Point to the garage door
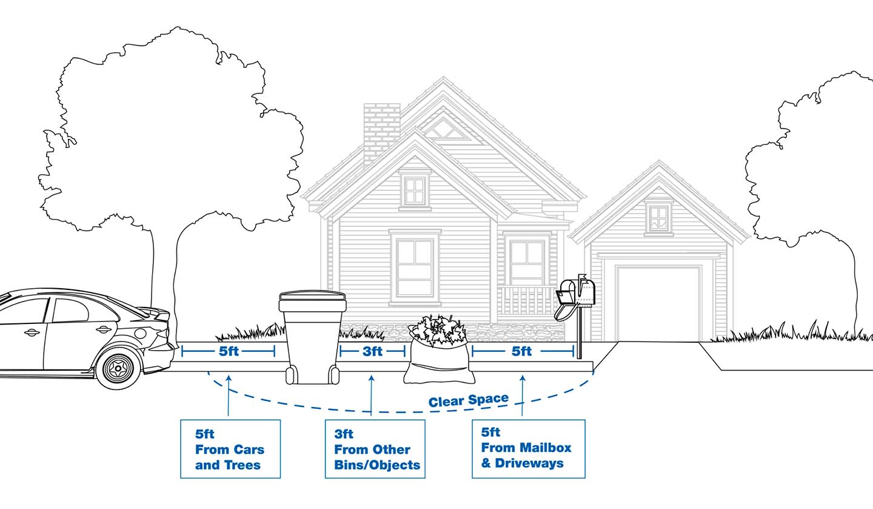pyautogui.click(x=658, y=303)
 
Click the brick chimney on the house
pyautogui.click(x=381, y=130)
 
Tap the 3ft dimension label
pyautogui.click(x=372, y=351)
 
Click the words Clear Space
pyautogui.click(x=468, y=400)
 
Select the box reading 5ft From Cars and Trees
pyautogui.click(x=230, y=449)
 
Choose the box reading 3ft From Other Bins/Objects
pyautogui.click(x=375, y=449)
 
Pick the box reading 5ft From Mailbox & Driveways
pyautogui.click(x=528, y=448)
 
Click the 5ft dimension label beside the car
pyautogui.click(x=229, y=351)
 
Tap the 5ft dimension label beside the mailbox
pyautogui.click(x=521, y=351)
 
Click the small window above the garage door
pyautogui.click(x=658, y=217)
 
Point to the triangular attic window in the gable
pyautogui.click(x=444, y=129)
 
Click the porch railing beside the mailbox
pyautogui.click(x=526, y=300)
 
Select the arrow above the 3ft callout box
pyautogui.click(x=371, y=394)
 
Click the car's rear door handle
pyautogui.click(x=103, y=329)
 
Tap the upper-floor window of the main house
pyautogui.click(x=415, y=190)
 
